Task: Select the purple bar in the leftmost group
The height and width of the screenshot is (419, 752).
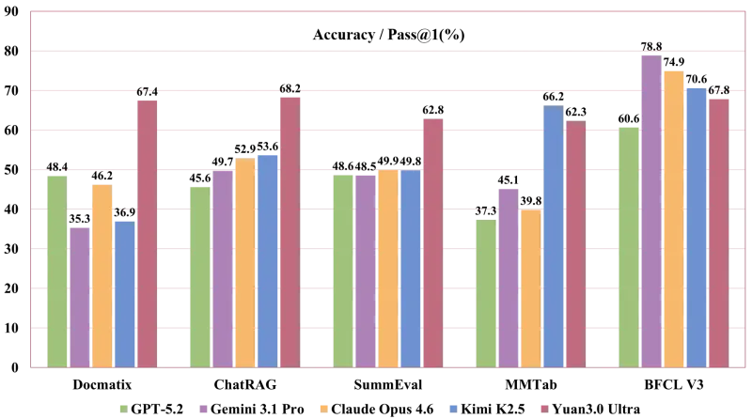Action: pyautogui.click(x=79, y=296)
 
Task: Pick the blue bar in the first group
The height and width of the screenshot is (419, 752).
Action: pyautogui.click(x=124, y=292)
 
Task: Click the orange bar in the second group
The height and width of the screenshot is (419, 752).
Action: pyautogui.click(x=244, y=262)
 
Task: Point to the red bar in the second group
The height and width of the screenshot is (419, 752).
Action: pyautogui.click(x=290, y=231)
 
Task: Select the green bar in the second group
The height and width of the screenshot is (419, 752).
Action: pyautogui.click(x=199, y=275)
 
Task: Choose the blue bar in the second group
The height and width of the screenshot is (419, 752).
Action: pyautogui.click(x=267, y=259)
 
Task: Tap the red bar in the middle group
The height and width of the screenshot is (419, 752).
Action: pyautogui.click(x=432, y=241)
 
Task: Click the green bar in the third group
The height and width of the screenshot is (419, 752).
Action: pyautogui.click(x=342, y=270)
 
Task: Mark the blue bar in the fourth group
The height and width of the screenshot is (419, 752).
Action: pyautogui.click(x=553, y=236)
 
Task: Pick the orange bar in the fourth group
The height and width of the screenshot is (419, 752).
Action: pyautogui.click(x=530, y=287)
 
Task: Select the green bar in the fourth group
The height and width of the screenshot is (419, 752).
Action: pyautogui.click(x=485, y=292)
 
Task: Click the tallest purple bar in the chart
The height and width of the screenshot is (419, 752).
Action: pyautogui.click(x=650, y=209)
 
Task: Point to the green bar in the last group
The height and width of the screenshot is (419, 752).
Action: pyautogui.click(x=628, y=246)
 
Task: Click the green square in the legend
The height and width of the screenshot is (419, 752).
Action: pyautogui.click(x=120, y=406)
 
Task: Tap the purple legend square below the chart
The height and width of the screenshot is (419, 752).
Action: pyautogui.click(x=203, y=406)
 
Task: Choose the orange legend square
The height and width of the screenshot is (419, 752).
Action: pyautogui.click(x=323, y=406)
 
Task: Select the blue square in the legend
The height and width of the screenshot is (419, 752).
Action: pyautogui.click(x=451, y=406)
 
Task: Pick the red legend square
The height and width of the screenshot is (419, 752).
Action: pyautogui.click(x=541, y=406)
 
